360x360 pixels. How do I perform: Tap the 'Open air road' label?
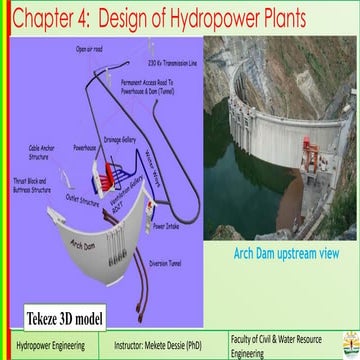click(x=90, y=48)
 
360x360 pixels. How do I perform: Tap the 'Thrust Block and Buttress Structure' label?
click(x=29, y=184)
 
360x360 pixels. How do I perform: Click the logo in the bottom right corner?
click(x=348, y=342)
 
